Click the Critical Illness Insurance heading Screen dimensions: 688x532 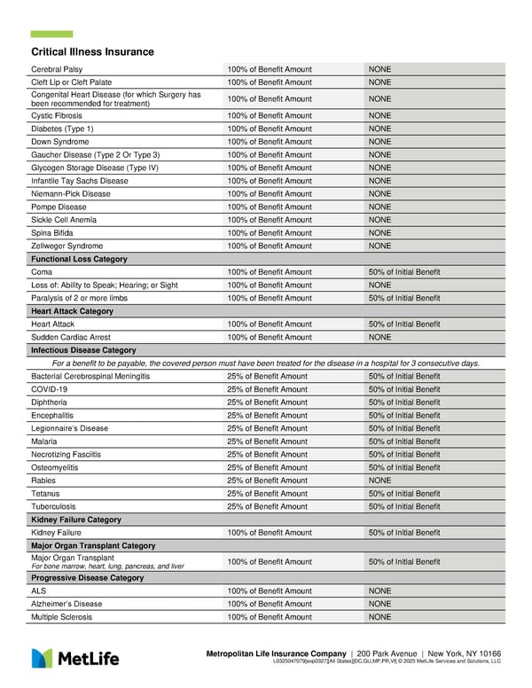(x=92, y=52)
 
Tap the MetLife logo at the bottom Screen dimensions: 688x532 (x=75, y=658)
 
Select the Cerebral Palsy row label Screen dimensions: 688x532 (x=57, y=69)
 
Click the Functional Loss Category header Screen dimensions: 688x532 (x=79, y=259)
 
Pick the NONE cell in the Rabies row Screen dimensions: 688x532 (x=379, y=481)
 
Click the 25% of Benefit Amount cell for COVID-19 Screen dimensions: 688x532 (x=267, y=389)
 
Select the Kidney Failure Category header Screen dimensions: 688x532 (x=75, y=520)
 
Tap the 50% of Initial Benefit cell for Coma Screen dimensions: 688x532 (x=403, y=272)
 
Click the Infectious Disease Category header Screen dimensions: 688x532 (x=83, y=350)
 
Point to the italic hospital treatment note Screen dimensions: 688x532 (x=266, y=364)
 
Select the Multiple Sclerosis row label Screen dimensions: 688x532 (x=61, y=617)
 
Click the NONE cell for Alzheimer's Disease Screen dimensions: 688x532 (x=379, y=604)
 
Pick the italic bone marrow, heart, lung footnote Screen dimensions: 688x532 (x=107, y=567)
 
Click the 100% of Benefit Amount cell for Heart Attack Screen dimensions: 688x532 (x=270, y=324)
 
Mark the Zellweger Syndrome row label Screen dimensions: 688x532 (x=66, y=246)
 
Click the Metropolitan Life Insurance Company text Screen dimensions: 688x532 (x=276, y=653)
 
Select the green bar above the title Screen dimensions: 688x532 (x=51, y=34)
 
